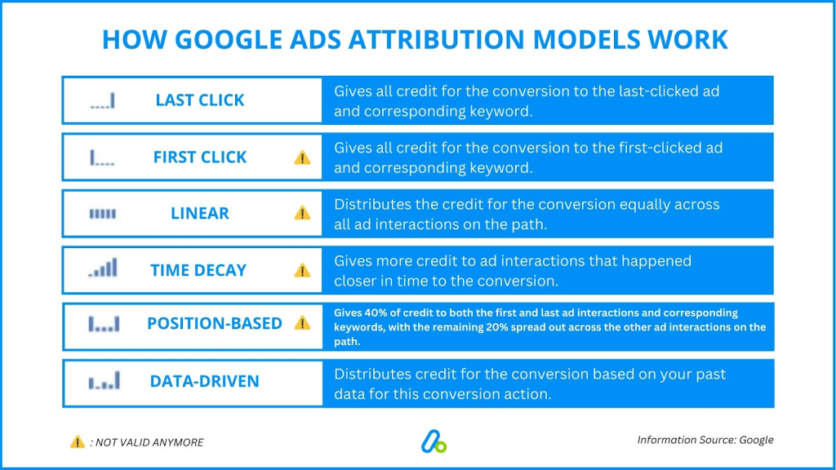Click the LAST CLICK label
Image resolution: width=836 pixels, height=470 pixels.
tap(200, 100)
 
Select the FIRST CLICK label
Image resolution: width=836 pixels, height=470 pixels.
tap(200, 157)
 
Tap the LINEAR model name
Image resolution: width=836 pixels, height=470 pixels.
tap(200, 213)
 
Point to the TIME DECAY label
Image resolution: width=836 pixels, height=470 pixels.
tap(198, 270)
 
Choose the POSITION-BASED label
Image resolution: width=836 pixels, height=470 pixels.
tap(215, 323)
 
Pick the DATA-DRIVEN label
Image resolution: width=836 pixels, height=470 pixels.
tap(205, 382)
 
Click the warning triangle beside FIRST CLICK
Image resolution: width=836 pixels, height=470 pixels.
tap(302, 157)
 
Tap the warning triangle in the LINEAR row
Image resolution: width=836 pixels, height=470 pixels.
tap(302, 213)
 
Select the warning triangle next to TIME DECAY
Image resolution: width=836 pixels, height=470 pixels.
tap(302, 271)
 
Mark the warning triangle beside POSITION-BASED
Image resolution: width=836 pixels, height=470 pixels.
tap(302, 323)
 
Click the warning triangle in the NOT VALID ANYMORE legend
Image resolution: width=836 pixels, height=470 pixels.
tap(78, 441)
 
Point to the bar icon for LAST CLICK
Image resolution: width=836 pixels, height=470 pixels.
tap(102, 100)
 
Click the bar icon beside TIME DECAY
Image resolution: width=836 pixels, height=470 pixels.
tap(102, 268)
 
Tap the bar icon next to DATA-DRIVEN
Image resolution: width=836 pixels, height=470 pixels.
tap(104, 381)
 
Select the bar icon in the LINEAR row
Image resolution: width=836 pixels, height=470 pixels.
tap(102, 214)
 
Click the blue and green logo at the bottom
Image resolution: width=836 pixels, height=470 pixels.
tap(434, 441)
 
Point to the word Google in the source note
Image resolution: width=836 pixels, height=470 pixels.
tap(756, 440)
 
